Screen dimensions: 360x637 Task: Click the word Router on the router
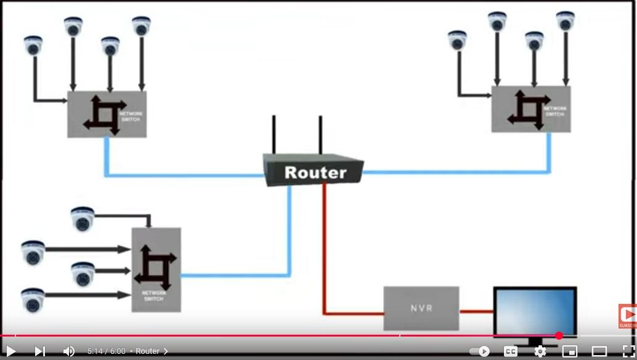pos(315,173)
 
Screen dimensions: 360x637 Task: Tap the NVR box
pos(421,308)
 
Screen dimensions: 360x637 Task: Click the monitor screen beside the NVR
pos(534,311)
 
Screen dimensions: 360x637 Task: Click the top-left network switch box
pos(107,114)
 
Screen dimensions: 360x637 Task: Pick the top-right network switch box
pos(531,109)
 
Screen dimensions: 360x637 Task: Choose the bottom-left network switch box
pos(156,269)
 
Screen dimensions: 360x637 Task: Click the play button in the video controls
pos(10,351)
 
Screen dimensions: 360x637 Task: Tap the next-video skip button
pos(40,351)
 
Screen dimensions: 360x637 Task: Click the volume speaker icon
pos(68,351)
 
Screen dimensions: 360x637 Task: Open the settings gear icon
pos(540,351)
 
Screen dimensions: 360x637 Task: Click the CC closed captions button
pos(511,351)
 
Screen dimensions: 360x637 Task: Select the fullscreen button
pos(628,351)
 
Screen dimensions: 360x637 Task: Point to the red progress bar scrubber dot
pos(559,336)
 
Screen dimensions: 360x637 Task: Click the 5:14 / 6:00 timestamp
pos(106,351)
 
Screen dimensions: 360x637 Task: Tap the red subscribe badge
pos(628,316)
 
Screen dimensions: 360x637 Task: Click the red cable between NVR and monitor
pos(476,311)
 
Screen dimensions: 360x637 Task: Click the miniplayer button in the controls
pos(570,351)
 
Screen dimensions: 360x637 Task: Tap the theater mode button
pos(599,351)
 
